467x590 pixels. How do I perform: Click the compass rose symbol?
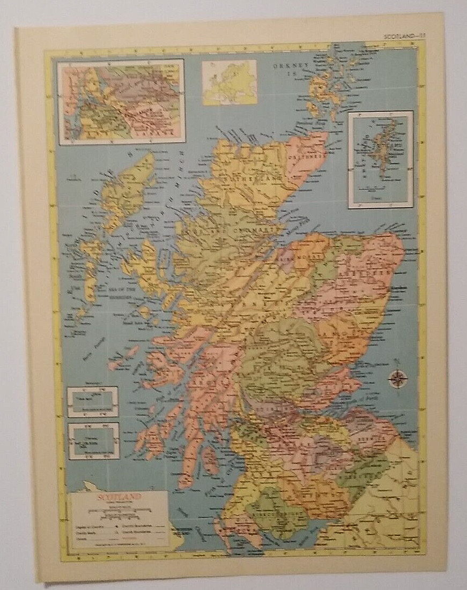click(x=397, y=378)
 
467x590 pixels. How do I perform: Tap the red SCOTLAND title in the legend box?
click(x=120, y=497)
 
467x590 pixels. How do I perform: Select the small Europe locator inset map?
click(x=229, y=82)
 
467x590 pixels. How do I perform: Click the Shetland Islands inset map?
click(x=381, y=159)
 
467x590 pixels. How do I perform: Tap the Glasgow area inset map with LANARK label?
click(x=121, y=101)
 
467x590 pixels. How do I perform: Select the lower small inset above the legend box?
click(x=93, y=441)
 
